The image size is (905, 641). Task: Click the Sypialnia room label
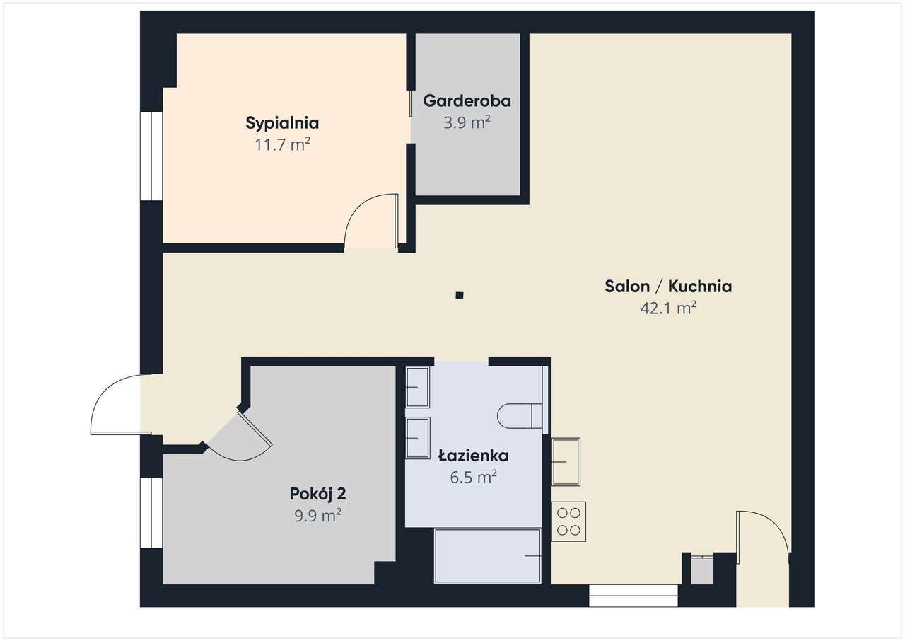tap(282, 123)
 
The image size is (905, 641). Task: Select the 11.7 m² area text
tap(282, 146)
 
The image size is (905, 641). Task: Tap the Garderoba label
tap(467, 101)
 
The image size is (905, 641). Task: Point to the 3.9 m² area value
tap(467, 122)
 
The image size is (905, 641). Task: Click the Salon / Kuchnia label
tap(667, 287)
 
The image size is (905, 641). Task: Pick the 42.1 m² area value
tap(667, 308)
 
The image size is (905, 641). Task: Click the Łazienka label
tap(473, 456)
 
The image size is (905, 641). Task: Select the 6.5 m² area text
tap(473, 478)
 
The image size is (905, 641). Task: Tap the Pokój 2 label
tap(317, 493)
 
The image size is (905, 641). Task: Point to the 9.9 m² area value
tap(317, 516)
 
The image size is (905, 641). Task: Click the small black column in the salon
tap(460, 295)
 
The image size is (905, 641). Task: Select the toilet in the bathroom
tap(520, 415)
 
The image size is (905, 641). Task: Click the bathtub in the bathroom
tap(488, 556)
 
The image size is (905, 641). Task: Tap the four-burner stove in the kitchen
tap(568, 521)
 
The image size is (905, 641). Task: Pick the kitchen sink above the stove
tap(566, 461)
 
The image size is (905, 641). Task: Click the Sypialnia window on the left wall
tap(151, 156)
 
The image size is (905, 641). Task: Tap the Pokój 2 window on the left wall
tap(151, 513)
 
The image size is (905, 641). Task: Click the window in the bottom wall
tap(633, 596)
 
